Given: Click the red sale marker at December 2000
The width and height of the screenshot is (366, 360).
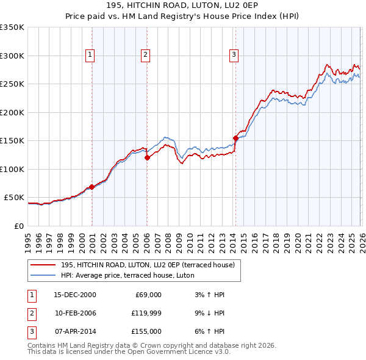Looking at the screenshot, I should [91, 187].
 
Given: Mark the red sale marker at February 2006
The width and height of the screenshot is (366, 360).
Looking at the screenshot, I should [147, 157].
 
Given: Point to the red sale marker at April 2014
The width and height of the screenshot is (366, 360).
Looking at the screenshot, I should [235, 138].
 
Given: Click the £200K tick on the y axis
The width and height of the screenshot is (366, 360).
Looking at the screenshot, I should [12, 112].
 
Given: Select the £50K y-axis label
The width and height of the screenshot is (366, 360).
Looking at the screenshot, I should [15, 198].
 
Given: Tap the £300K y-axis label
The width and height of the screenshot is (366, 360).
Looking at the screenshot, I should [12, 56].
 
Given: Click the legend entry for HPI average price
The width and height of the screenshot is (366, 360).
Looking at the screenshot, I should [127, 275].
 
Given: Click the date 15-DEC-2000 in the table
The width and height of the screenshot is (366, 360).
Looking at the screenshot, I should [75, 295].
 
